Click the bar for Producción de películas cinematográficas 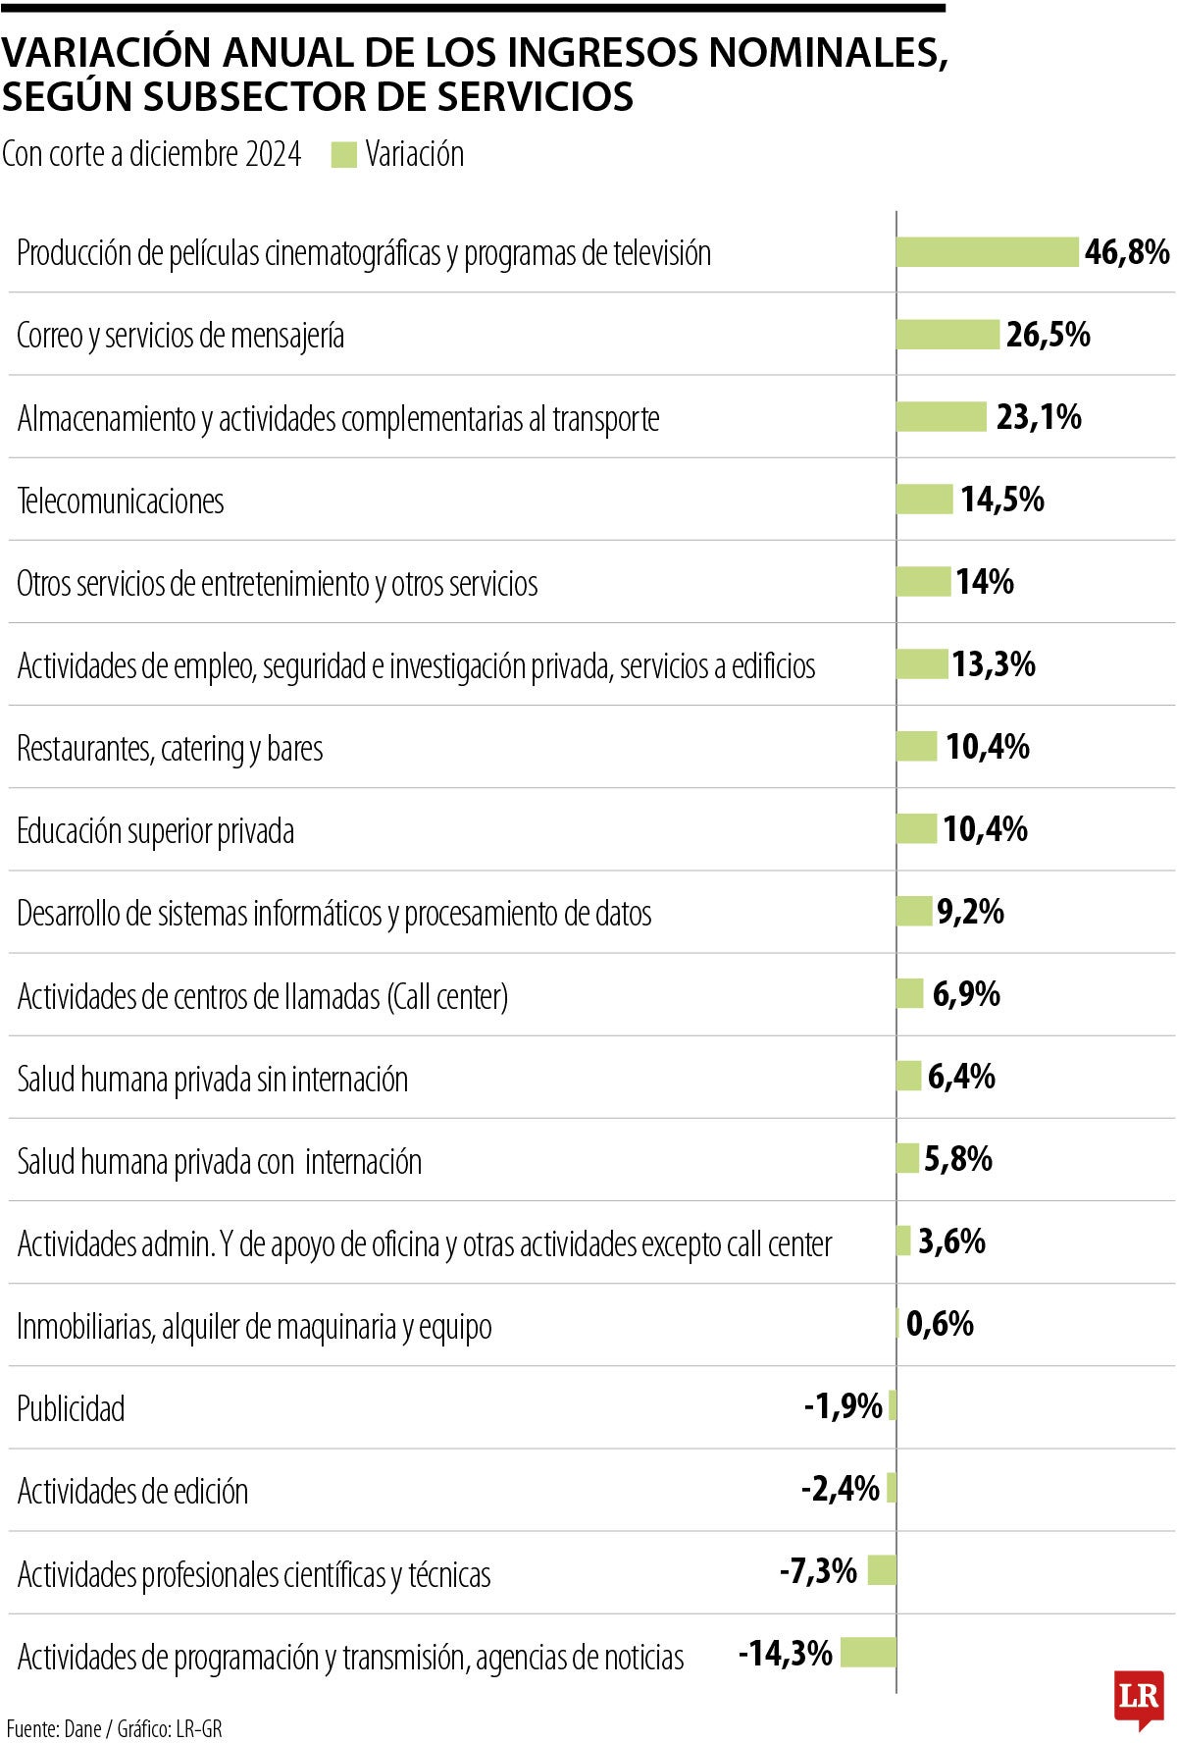pyautogui.click(x=987, y=252)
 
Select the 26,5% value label pyautogui.click(x=1048, y=335)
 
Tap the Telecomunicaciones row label pyautogui.click(x=121, y=502)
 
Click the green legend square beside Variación pyautogui.click(x=343, y=155)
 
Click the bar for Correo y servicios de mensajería pyautogui.click(x=947, y=335)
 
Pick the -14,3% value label pyautogui.click(x=785, y=1654)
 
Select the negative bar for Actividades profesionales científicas pyautogui.click(x=882, y=1570)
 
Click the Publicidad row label pyautogui.click(x=71, y=1409)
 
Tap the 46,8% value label pyautogui.click(x=1127, y=252)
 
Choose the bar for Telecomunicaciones pyautogui.click(x=924, y=500)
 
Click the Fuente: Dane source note pyautogui.click(x=114, y=1728)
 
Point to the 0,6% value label pyautogui.click(x=940, y=1324)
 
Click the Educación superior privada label pyautogui.click(x=155, y=831)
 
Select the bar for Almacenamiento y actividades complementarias pyautogui.click(x=941, y=417)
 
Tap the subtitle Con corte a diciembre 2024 pyautogui.click(x=151, y=155)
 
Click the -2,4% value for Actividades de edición pyautogui.click(x=841, y=1489)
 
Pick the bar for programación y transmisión pyautogui.click(x=868, y=1653)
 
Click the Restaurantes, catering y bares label pyautogui.click(x=170, y=749)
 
